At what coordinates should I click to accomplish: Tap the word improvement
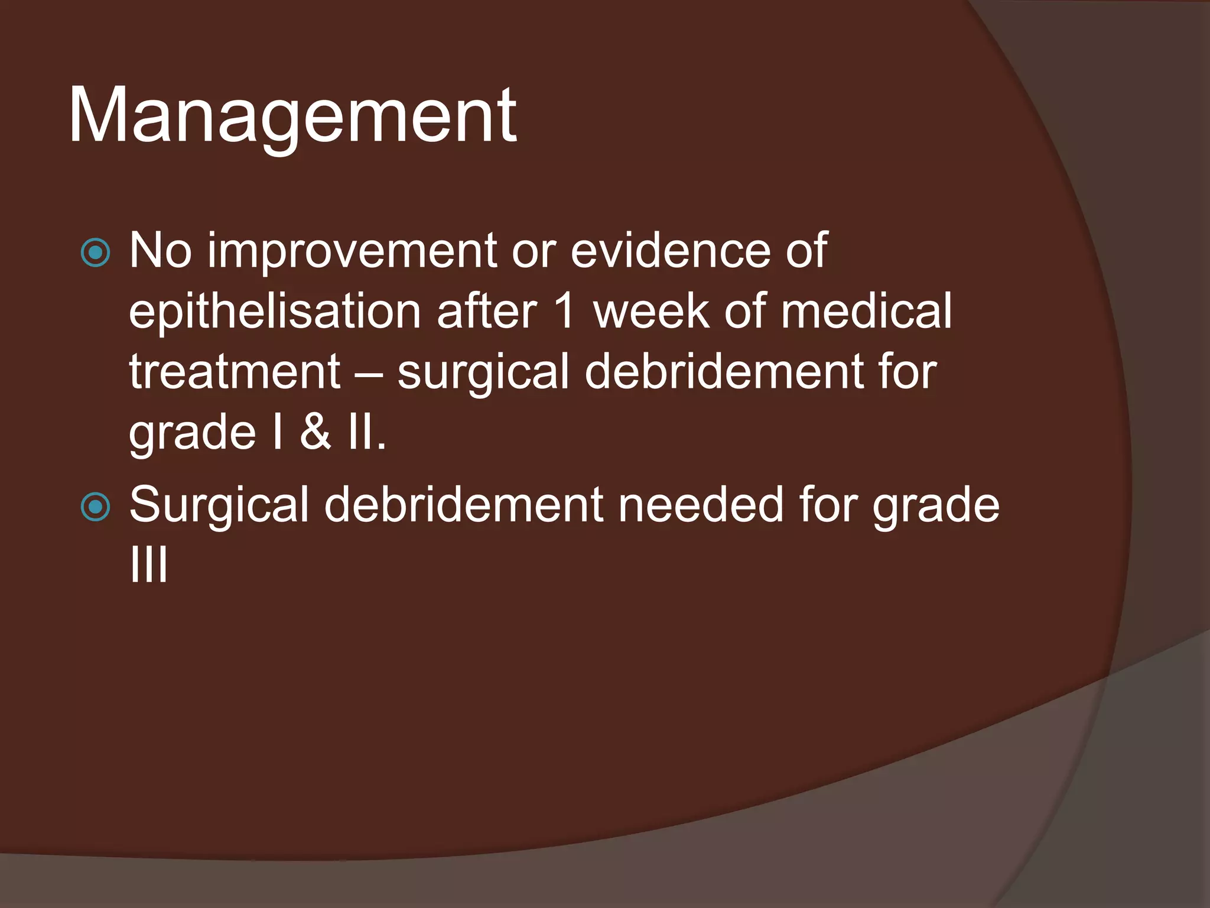tap(352, 251)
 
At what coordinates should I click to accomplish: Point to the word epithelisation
tap(275, 312)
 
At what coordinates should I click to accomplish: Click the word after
tap(487, 311)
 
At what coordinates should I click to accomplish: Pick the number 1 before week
tap(565, 311)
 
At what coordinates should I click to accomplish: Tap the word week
tap(650, 311)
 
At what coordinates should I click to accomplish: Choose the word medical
tap(866, 311)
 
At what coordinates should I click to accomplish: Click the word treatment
tap(235, 372)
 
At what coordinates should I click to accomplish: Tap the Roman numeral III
tap(149, 565)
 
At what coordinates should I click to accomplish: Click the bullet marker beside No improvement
tap(95, 253)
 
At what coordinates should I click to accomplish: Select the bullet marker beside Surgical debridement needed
tap(95, 507)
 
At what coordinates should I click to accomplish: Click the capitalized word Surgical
tap(219, 505)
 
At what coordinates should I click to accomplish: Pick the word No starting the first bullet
tap(160, 251)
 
